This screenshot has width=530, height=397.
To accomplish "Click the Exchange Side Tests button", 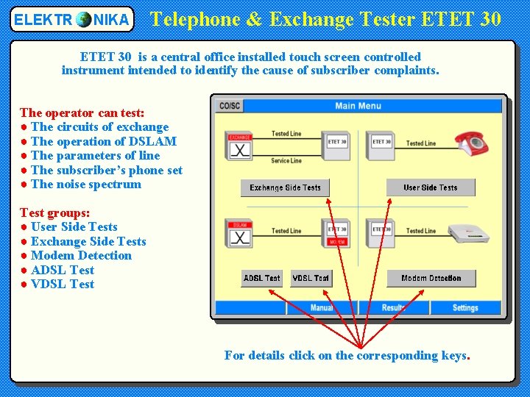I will tap(285, 187).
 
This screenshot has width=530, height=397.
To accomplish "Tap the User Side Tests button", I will tap(431, 187).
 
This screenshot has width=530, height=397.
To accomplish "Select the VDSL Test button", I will tap(311, 278).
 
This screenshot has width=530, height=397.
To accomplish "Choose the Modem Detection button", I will tap(431, 278).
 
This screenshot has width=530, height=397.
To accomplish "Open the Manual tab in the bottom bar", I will tap(322, 308).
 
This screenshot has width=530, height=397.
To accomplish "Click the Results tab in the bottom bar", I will tap(393, 308).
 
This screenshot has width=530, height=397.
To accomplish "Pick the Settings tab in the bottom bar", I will tap(465, 308).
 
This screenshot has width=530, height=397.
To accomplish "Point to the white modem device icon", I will tap(469, 232).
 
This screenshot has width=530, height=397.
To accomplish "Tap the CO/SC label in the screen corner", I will tap(230, 106).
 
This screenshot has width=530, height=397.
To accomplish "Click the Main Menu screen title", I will tap(358, 106).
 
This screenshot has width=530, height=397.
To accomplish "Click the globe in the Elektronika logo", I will tap(84, 19).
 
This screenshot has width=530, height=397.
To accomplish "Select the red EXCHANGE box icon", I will tap(240, 146).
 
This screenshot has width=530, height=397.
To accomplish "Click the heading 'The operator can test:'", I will tap(82, 112).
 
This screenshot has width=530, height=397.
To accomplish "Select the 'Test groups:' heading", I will tap(55, 212).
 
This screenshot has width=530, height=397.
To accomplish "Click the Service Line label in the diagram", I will tap(286, 160).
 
